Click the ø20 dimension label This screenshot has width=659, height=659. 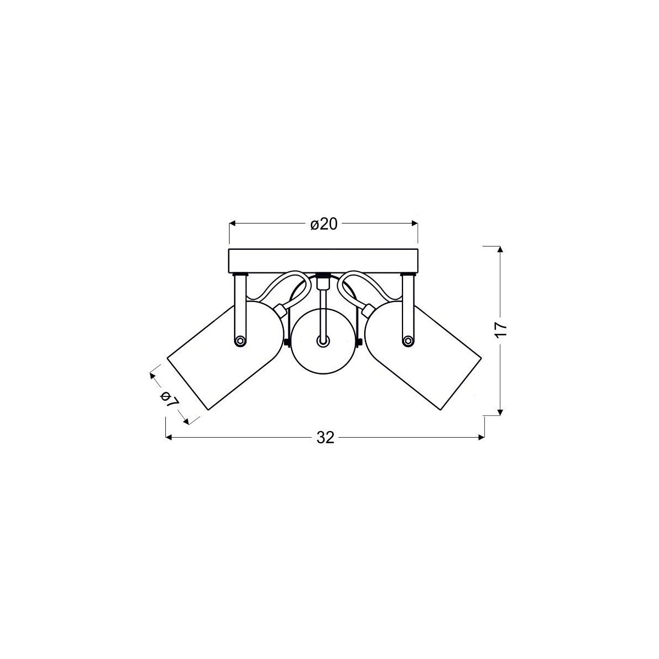tap(323, 225)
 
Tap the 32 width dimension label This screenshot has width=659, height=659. tap(325, 437)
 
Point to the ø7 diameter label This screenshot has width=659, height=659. tap(169, 399)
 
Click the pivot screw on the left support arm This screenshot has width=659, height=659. tap(239, 341)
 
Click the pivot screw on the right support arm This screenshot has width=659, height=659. tap(407, 341)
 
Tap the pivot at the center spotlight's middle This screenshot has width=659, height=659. tap(323, 341)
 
